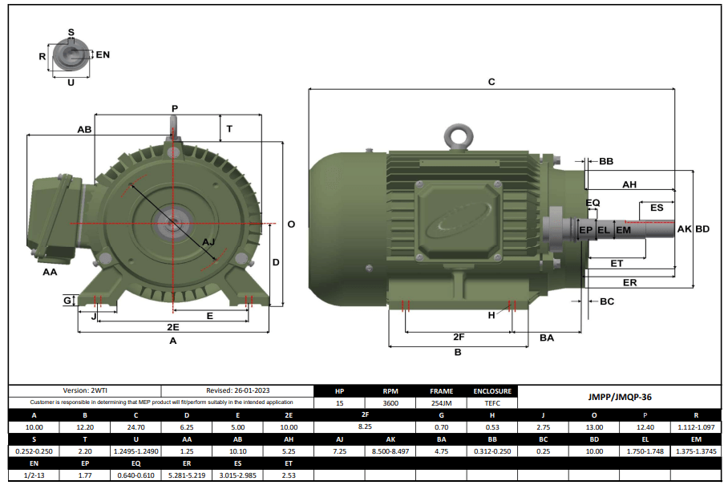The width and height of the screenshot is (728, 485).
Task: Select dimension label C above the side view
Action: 491,82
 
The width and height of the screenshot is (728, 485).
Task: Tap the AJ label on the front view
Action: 209,242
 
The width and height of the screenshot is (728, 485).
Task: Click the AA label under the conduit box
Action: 50,273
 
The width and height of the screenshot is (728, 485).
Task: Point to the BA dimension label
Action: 547,338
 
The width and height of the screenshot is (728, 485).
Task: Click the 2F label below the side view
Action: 459,337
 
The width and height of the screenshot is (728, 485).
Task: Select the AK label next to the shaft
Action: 684,229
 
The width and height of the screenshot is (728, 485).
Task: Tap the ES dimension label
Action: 657,208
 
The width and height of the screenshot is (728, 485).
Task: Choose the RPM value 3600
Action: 390,403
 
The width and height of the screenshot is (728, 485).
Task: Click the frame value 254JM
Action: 442,403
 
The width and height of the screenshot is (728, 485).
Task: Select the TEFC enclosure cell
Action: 492,403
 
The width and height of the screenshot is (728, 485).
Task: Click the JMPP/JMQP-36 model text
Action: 620,397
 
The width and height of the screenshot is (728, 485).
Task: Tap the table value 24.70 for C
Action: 135,428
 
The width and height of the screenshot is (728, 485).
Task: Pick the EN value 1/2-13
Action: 33,475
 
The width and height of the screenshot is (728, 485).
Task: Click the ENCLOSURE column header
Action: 492,391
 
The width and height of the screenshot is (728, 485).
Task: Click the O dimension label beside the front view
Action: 291,224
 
